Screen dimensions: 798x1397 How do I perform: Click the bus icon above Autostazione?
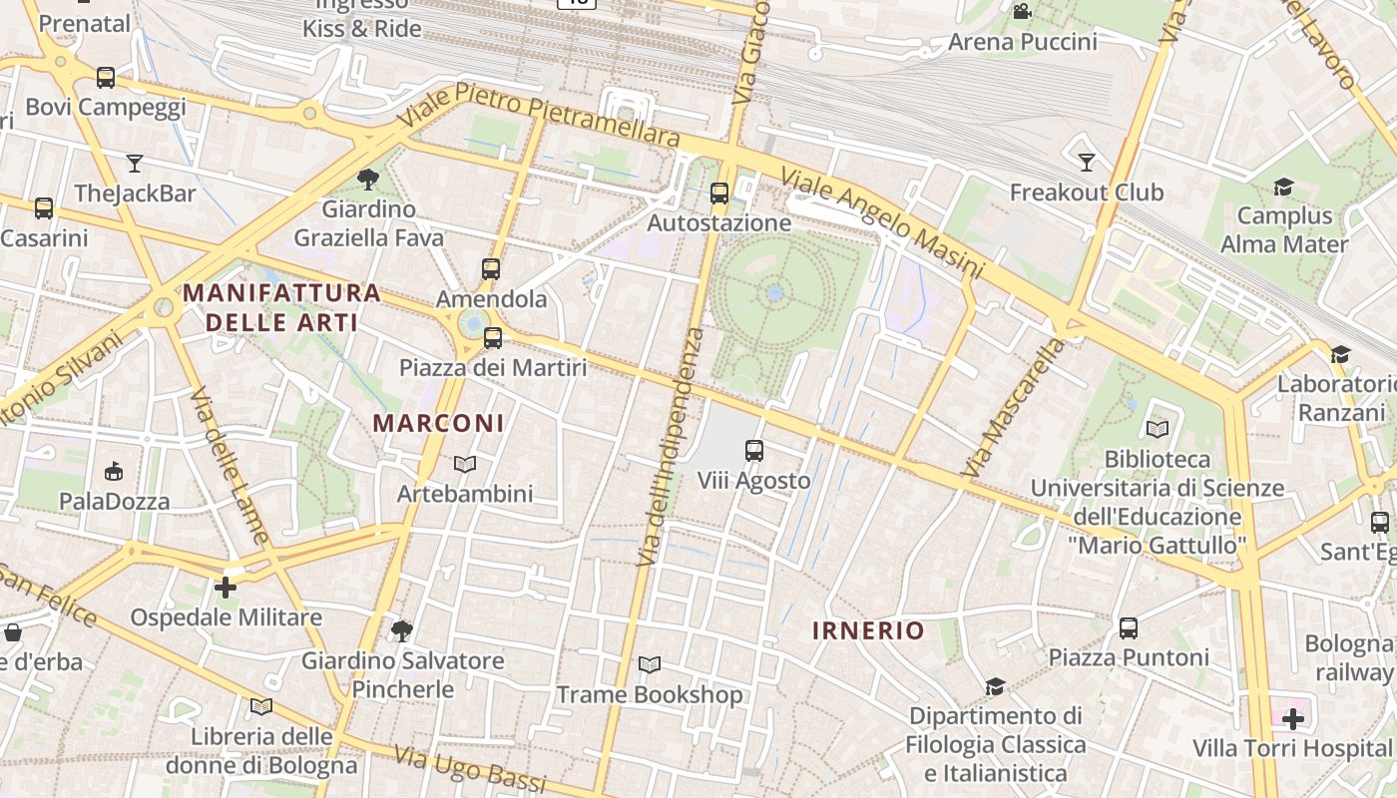pyautogui.click(x=719, y=193)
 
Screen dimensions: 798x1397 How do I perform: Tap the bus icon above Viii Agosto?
pyautogui.click(x=754, y=451)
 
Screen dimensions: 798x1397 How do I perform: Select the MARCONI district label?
pyautogui.click(x=439, y=423)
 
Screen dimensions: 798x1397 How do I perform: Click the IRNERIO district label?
pyautogui.click(x=868, y=630)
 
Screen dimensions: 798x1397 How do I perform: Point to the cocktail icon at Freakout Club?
pyautogui.click(x=1087, y=162)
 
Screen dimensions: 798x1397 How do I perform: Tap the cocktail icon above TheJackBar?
pyautogui.click(x=135, y=163)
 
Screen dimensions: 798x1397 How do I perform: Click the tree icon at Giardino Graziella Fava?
pyautogui.click(x=368, y=180)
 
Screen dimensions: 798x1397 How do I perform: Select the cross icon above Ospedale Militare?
pyautogui.click(x=226, y=588)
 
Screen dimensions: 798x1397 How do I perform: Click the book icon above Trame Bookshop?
pyautogui.click(x=650, y=664)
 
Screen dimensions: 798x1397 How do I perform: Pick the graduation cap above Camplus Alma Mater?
pyautogui.click(x=1283, y=187)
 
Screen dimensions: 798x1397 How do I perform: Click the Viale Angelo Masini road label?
pyautogui.click(x=882, y=223)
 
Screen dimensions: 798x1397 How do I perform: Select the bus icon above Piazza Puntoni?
pyautogui.click(x=1129, y=628)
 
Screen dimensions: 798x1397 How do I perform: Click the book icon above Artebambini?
pyautogui.click(x=465, y=464)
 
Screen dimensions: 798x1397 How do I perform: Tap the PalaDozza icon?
pyautogui.click(x=114, y=471)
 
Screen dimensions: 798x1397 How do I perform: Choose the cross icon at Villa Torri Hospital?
pyautogui.click(x=1293, y=718)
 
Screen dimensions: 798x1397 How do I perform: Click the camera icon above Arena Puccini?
pyautogui.click(x=1022, y=12)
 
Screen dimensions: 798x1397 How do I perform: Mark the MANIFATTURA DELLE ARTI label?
pyautogui.click(x=282, y=307)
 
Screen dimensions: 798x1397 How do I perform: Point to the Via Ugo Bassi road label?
pyautogui.click(x=470, y=769)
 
